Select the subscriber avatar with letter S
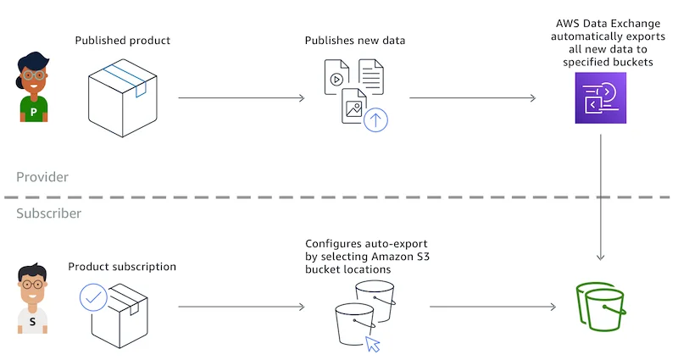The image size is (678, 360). [33, 297]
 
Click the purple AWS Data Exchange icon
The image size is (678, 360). [600, 98]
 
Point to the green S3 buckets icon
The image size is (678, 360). [601, 308]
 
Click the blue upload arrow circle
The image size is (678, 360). [375, 119]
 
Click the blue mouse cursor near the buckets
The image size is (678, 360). [372, 344]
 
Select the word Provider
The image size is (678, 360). [42, 177]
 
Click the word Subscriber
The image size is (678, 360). [49, 213]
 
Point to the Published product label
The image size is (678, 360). [122, 40]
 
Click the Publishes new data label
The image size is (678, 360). [353, 40]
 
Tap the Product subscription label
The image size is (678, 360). [122, 267]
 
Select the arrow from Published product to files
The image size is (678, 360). [241, 98]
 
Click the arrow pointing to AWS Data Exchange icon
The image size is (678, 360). [472, 98]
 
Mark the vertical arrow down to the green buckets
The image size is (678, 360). [601, 195]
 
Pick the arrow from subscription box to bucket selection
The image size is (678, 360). [241, 307]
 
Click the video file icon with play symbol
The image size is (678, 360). [336, 78]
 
